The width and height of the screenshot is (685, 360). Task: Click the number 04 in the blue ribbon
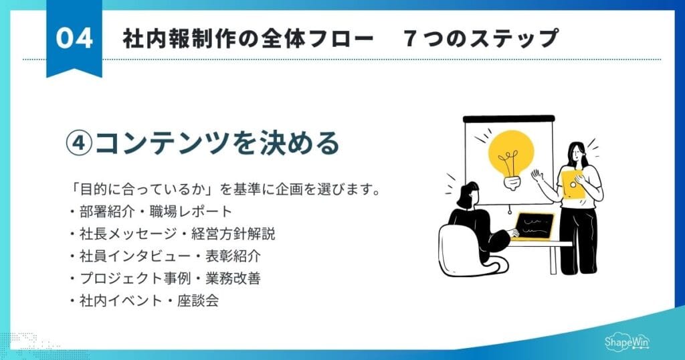(74, 39)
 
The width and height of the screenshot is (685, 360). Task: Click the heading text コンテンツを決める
(217, 143)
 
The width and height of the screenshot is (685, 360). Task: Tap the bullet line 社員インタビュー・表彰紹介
(165, 256)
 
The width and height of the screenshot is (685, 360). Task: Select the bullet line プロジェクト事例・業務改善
(165, 278)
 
